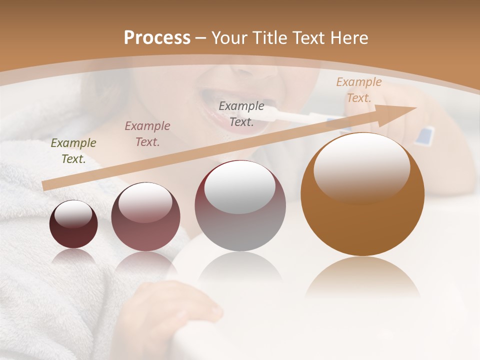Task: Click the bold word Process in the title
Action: (157, 38)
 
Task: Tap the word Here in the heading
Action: (350, 38)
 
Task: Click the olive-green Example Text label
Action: (73, 151)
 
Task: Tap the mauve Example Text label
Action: (147, 134)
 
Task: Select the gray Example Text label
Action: (241, 114)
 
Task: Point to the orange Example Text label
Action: (359, 90)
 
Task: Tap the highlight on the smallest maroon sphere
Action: (73, 213)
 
